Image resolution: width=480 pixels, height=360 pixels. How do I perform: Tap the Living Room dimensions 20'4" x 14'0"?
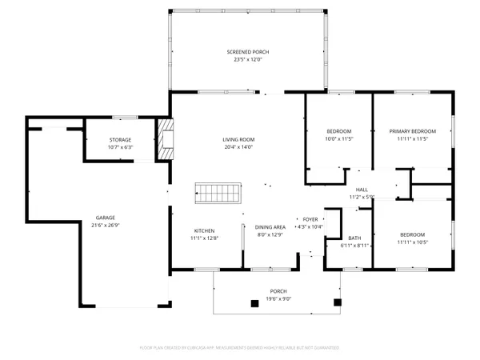pos(238,147)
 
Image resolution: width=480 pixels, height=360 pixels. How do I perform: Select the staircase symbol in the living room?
pos(218,194)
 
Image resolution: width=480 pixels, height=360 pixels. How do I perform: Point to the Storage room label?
pos(120,140)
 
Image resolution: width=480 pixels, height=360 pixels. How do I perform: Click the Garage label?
pos(105,218)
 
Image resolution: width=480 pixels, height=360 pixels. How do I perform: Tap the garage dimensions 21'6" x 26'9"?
pos(105,225)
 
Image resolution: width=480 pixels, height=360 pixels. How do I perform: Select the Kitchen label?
pos(203,230)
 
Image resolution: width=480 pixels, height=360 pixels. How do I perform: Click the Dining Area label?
pos(270,227)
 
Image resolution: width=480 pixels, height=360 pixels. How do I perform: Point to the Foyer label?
pos(310,218)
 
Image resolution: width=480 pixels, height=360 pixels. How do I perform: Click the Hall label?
pos(362,190)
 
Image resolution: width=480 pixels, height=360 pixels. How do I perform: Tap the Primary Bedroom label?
pos(412,131)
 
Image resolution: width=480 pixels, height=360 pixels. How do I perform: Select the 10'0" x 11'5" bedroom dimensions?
pos(338,138)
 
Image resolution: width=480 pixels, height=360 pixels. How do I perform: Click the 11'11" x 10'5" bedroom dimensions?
pos(413,242)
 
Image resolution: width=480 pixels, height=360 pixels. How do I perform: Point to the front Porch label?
pos(278,291)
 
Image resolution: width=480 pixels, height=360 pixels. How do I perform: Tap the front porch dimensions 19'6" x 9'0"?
pos(278,298)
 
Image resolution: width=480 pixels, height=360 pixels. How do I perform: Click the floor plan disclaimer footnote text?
pos(239,348)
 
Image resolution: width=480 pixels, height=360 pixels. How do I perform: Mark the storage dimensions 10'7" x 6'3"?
pos(120,147)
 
